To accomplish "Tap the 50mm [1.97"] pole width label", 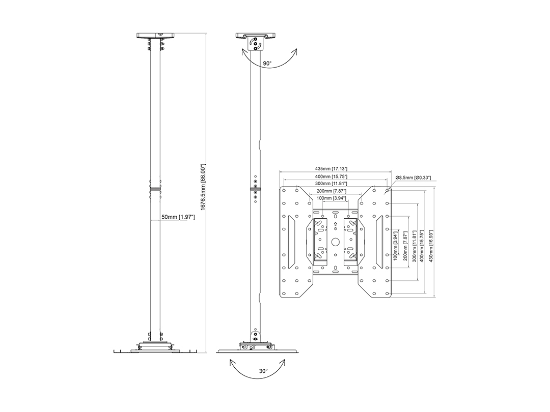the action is coord(178,217).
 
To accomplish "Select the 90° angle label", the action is coord(267,64).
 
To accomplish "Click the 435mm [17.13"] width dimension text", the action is coord(335,169).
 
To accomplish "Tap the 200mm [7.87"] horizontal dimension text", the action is coord(332,191).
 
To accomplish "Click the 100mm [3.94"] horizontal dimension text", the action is coord(332,198).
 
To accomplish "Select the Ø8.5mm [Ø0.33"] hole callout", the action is coord(413,178).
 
